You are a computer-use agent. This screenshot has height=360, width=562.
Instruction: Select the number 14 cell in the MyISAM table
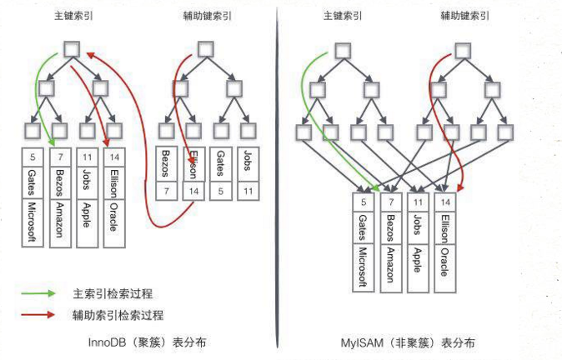click(446, 202)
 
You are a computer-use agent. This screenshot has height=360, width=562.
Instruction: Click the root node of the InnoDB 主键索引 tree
click(72, 47)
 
